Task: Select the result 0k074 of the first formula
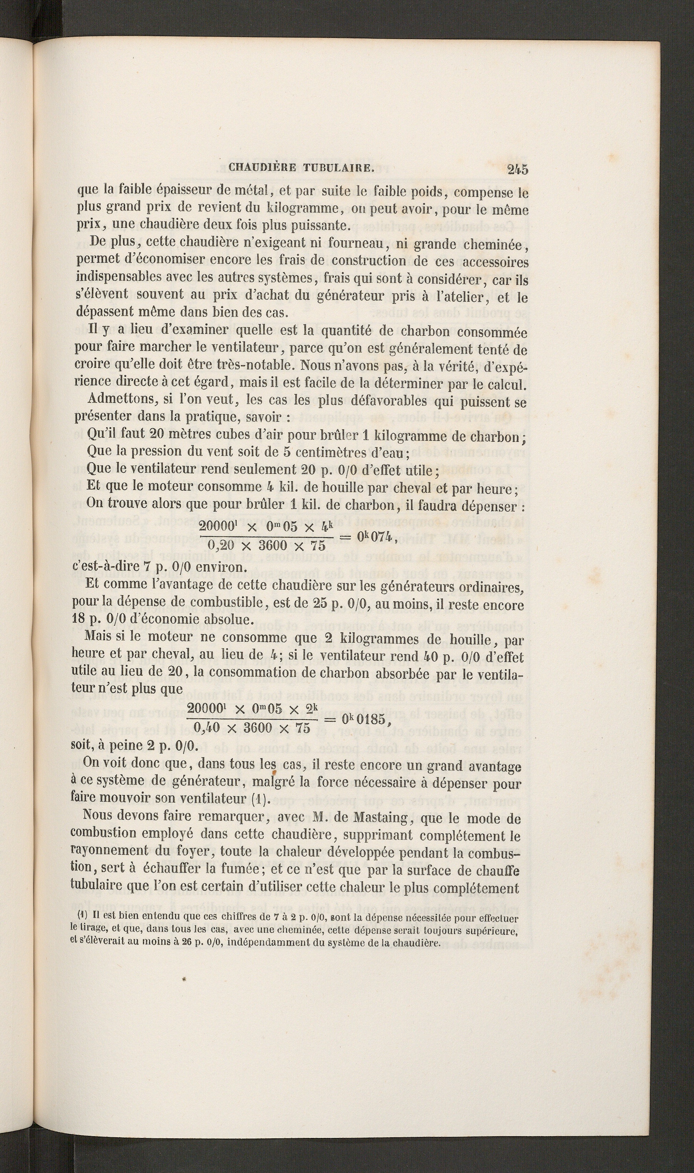(x=377, y=537)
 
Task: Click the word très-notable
(x=255, y=365)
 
